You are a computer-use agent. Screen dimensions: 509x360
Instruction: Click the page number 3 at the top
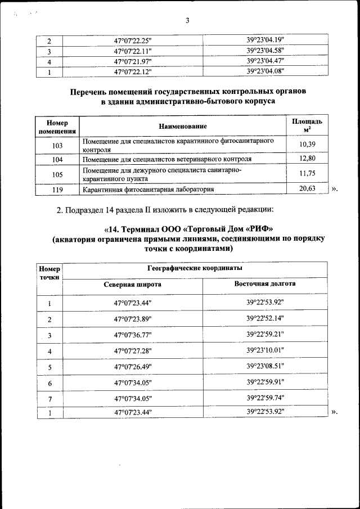pos(187,21)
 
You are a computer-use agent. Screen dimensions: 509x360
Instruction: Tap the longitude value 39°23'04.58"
pos(265,51)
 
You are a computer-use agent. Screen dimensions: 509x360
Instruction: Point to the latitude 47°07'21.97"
pos(133,61)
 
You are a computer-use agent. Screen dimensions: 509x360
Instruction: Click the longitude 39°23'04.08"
pos(265,71)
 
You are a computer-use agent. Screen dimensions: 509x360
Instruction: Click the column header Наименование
pos(183,127)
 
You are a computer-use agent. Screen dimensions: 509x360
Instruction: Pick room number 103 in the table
pos(57,145)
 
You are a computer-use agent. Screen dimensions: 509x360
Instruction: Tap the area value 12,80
pos(307,159)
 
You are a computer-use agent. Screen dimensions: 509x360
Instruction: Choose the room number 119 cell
pos(57,190)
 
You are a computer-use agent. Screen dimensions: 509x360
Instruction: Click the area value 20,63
pos(307,189)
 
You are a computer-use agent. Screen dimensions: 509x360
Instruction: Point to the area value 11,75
pos(307,174)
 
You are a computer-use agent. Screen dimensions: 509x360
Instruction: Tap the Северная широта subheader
pos(133,285)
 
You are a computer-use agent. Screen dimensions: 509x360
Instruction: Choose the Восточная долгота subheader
pos(265,284)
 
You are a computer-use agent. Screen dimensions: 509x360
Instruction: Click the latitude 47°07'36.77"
pos(133,335)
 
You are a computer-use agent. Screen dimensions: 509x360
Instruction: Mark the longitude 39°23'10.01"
pos(265,351)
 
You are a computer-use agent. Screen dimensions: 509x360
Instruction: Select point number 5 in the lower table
pos(49,367)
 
